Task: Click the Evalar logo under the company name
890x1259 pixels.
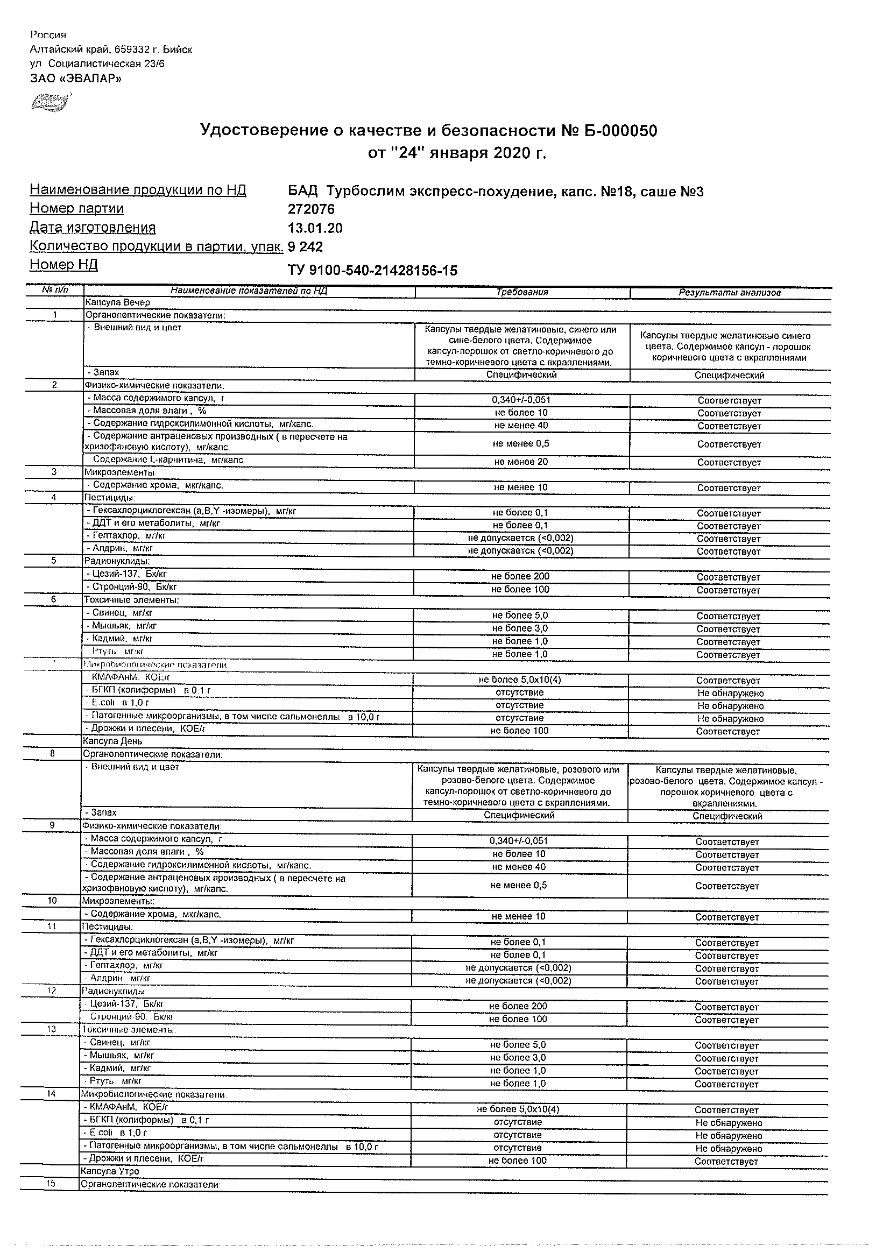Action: point(50,102)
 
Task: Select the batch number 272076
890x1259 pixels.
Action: point(311,209)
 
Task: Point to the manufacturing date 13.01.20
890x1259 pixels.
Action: point(315,228)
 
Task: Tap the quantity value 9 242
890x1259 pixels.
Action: point(306,247)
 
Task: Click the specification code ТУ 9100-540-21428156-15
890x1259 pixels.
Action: point(372,270)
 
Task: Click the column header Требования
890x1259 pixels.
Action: point(522,292)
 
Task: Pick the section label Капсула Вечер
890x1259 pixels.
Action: point(117,302)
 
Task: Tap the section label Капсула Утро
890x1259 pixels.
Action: point(110,1171)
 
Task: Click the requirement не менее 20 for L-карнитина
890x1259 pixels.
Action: point(521,462)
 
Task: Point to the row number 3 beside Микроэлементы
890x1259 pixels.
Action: point(54,471)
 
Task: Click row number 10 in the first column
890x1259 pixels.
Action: point(53,900)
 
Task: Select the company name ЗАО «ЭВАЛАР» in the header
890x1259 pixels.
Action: point(76,79)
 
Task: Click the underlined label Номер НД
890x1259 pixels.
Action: point(63,265)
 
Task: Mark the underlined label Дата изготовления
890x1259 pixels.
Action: point(93,228)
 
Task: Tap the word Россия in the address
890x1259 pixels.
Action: point(48,36)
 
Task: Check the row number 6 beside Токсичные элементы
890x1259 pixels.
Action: point(54,599)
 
